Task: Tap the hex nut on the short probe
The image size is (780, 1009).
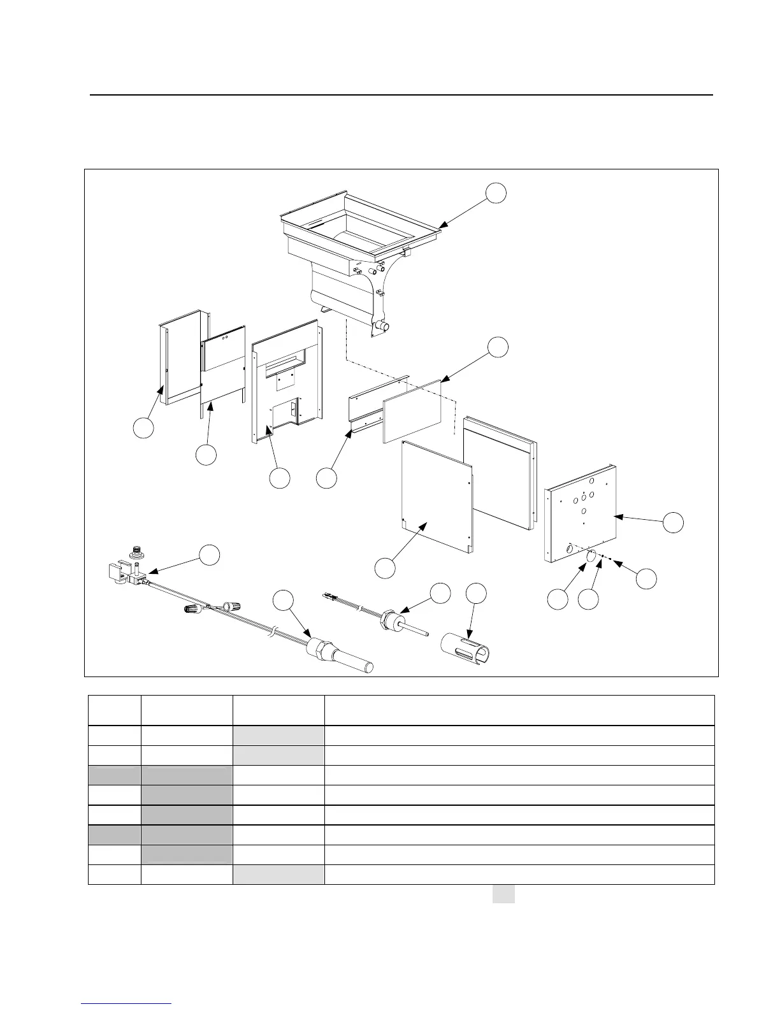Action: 387,619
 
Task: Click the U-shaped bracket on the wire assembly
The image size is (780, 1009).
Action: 118,570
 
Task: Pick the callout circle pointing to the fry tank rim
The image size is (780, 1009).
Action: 496,194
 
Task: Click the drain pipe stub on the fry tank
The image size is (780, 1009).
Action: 383,326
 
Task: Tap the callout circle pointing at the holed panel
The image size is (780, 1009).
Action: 672,522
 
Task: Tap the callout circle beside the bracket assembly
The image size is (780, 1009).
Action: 209,555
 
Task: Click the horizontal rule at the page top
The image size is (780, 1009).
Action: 401,95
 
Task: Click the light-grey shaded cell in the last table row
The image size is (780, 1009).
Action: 278,875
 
